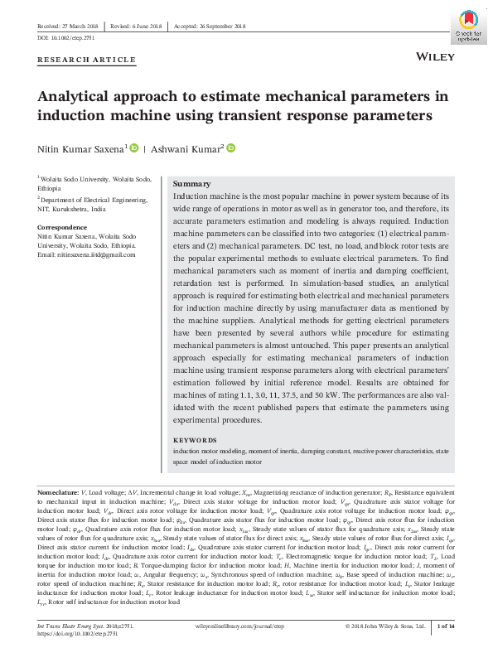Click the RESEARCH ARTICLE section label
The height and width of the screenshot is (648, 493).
[x=86, y=60]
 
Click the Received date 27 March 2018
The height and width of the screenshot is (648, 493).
[x=69, y=26]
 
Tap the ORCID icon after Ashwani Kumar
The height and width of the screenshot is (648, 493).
[x=231, y=148]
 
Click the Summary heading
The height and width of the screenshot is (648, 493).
[x=191, y=184]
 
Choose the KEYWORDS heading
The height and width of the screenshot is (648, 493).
[x=195, y=440]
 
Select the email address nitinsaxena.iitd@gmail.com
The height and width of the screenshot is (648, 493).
[x=85, y=254]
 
